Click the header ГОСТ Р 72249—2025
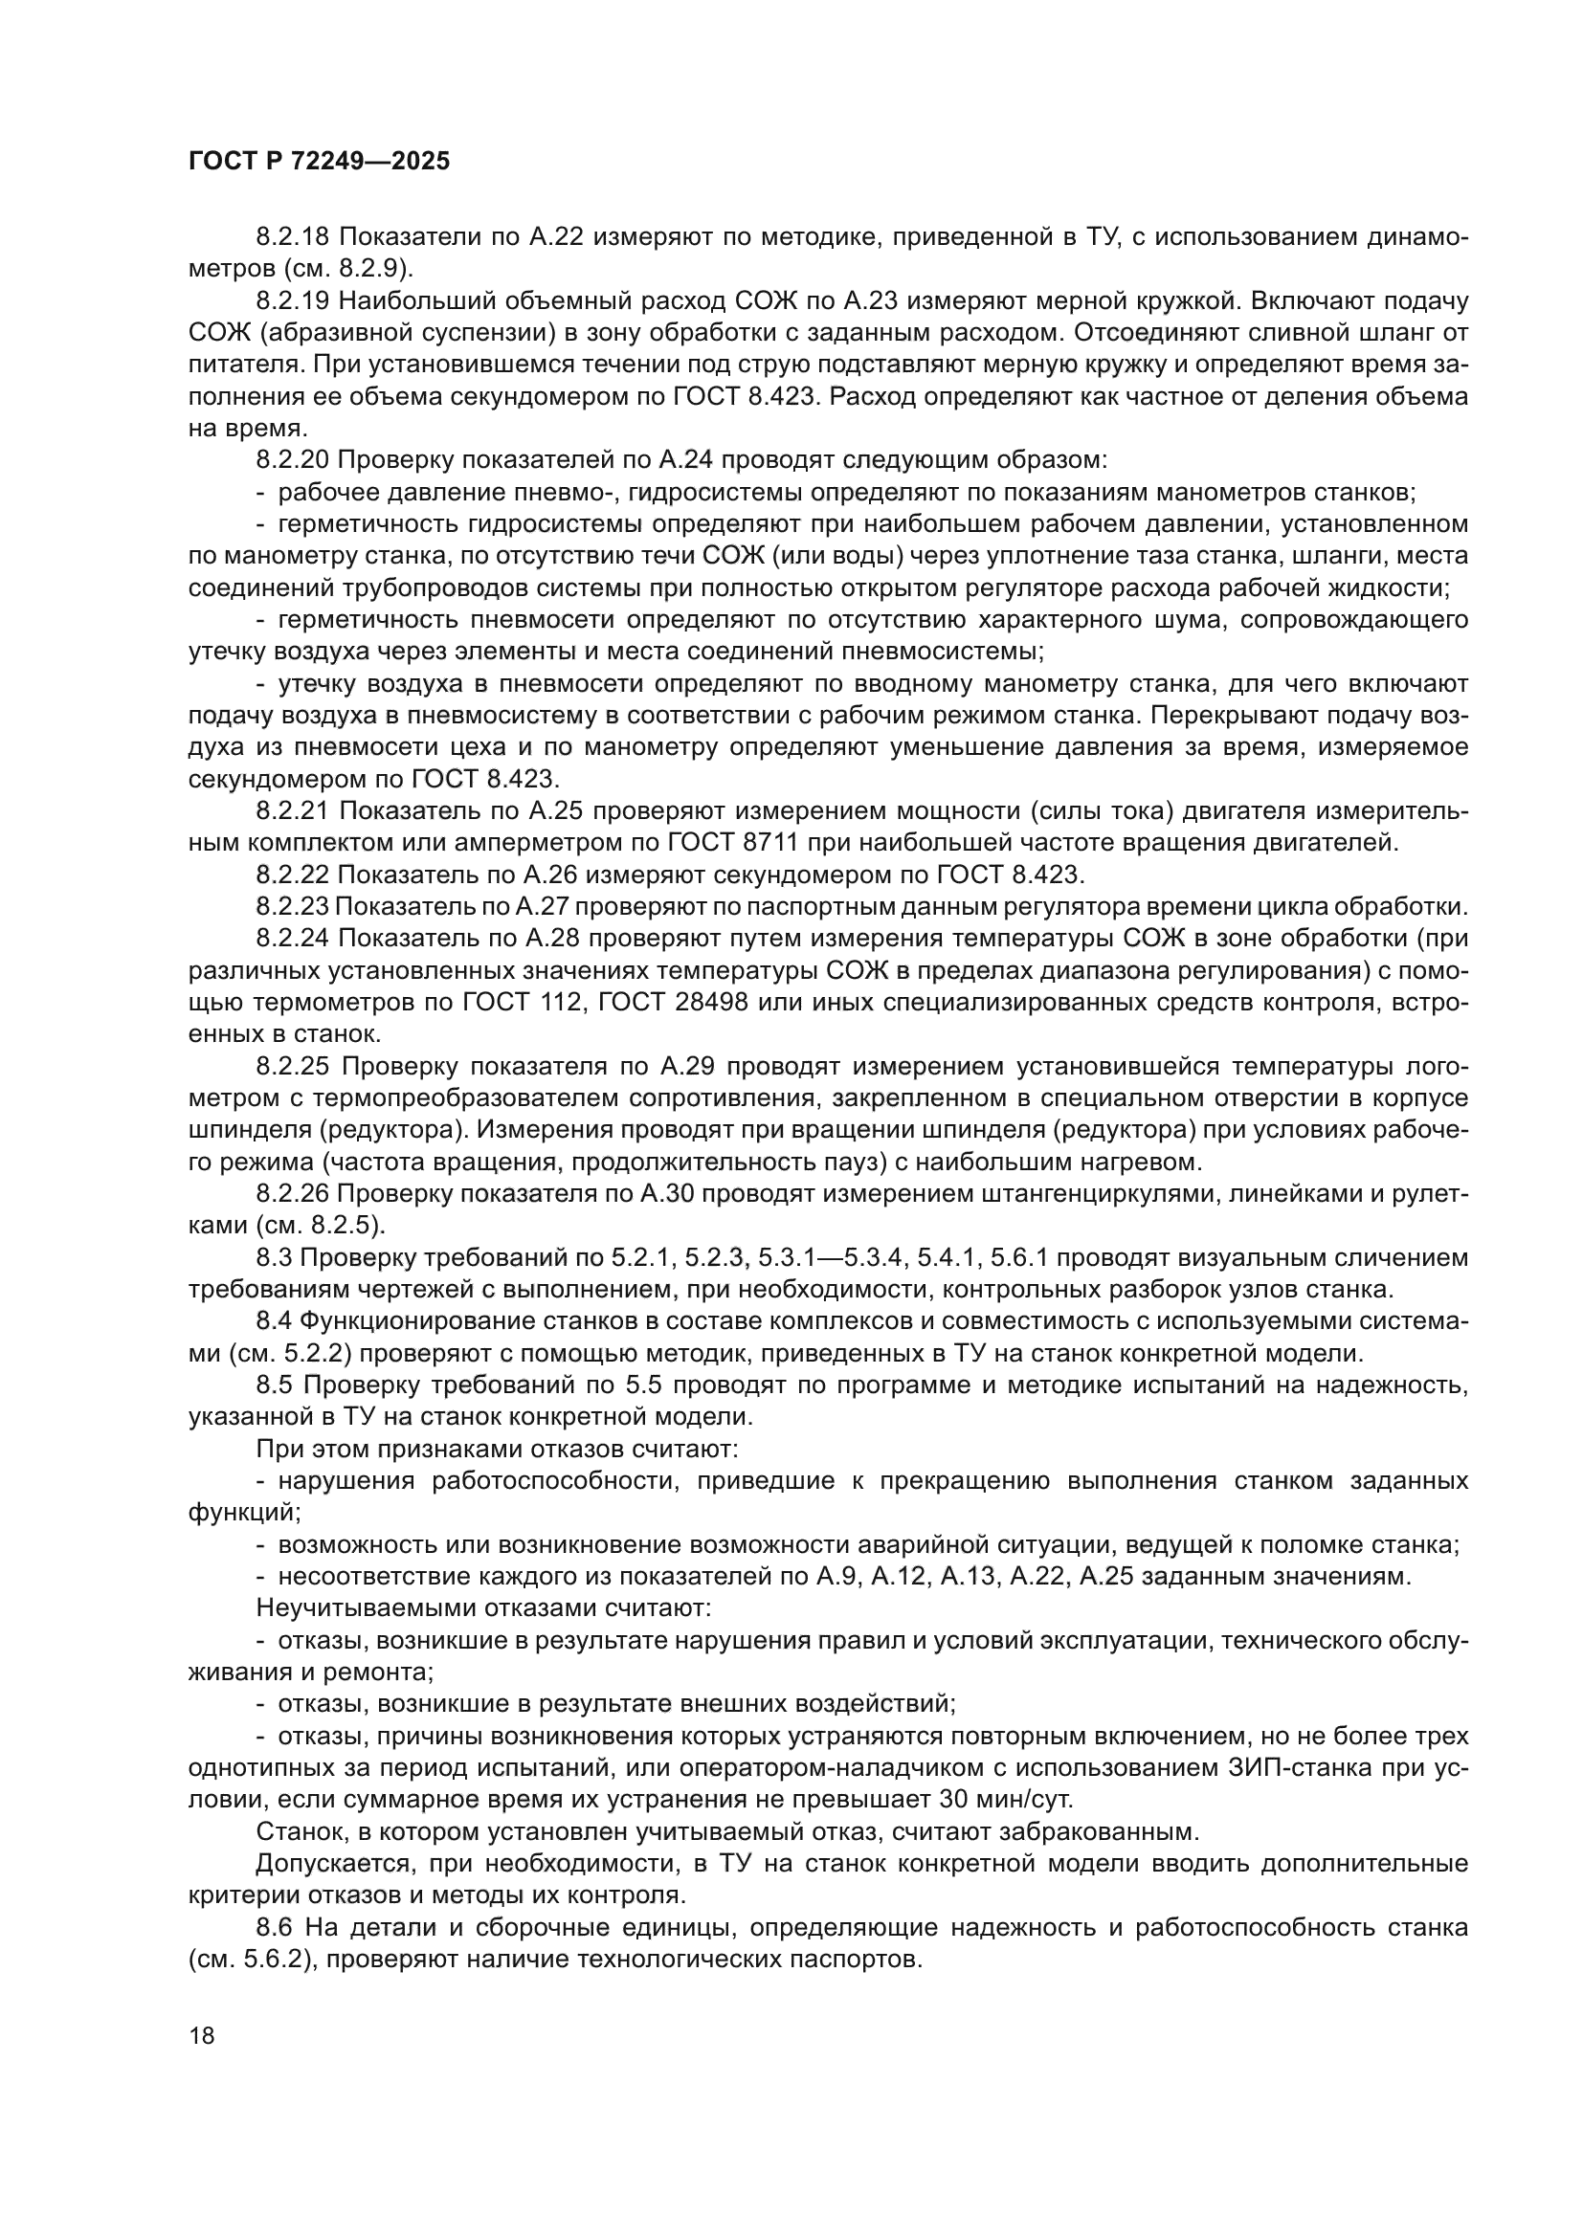(319, 162)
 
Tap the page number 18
(202, 2035)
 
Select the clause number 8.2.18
(294, 237)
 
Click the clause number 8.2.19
(294, 301)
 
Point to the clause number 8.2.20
(294, 460)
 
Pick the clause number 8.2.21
(294, 811)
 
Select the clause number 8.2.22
(294, 875)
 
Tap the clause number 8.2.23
(293, 906)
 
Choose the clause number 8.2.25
(294, 1066)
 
